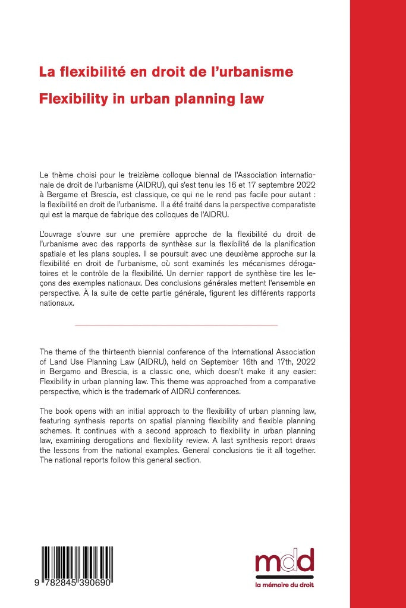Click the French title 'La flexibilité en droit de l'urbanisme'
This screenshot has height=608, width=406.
166,72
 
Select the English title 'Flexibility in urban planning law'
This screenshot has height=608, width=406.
151,99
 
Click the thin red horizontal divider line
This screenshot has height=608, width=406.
177,325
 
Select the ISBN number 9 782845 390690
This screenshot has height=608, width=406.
76,585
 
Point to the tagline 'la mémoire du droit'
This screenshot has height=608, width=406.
284,585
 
